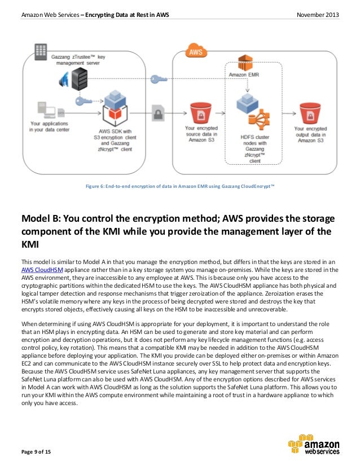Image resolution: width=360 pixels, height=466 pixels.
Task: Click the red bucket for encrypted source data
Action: click(200, 111)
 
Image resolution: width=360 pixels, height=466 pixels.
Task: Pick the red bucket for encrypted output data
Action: click(311, 111)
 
